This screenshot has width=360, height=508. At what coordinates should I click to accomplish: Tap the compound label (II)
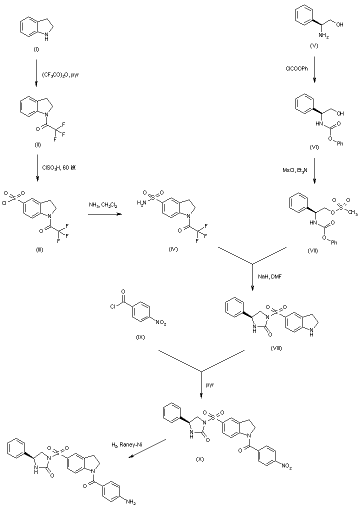36,144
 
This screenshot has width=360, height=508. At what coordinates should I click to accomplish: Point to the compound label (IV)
173,249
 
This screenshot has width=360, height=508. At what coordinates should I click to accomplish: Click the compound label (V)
313,45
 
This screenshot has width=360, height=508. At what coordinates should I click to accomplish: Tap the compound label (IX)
140,337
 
